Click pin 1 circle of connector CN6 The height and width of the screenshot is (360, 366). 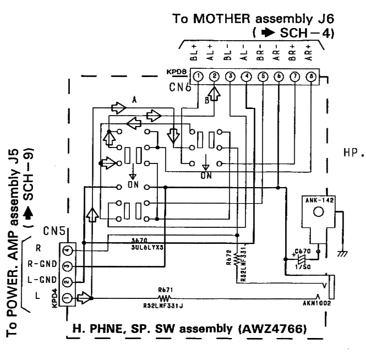(x=199, y=76)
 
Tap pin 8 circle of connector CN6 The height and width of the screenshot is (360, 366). (x=312, y=76)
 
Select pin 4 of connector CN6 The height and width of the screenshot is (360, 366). (x=247, y=76)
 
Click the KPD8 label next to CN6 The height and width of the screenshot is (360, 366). (x=176, y=73)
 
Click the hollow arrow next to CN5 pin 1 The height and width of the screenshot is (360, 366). (x=83, y=298)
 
